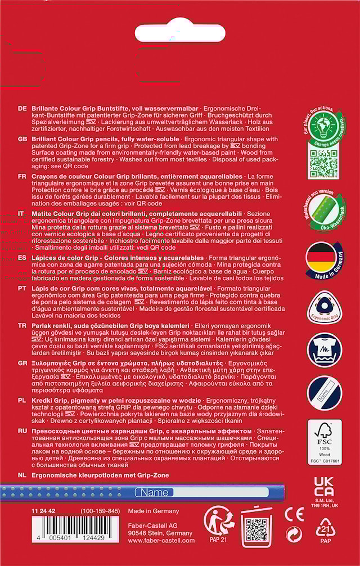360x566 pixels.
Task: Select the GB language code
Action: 22,139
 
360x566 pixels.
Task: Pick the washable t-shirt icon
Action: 324,352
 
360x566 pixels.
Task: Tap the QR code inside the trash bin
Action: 256,529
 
